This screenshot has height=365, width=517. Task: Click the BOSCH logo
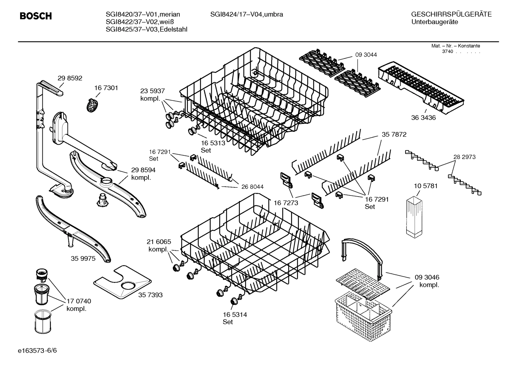[x=35, y=16]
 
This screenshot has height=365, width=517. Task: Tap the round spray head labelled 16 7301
[x=93, y=105]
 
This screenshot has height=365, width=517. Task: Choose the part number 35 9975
[x=83, y=258]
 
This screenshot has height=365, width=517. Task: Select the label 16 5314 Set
[x=234, y=318]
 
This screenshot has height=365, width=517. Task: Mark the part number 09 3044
[x=366, y=55]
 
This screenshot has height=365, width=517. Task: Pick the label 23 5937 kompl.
[x=152, y=95]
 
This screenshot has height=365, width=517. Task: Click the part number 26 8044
[x=252, y=187]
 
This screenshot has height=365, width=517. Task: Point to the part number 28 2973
[x=464, y=157]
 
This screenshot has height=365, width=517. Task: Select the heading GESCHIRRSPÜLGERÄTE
[x=451, y=15]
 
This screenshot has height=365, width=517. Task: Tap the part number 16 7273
[x=286, y=203]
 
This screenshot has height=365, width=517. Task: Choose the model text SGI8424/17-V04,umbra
[x=246, y=15]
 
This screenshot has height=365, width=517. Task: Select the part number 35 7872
[x=394, y=135]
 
